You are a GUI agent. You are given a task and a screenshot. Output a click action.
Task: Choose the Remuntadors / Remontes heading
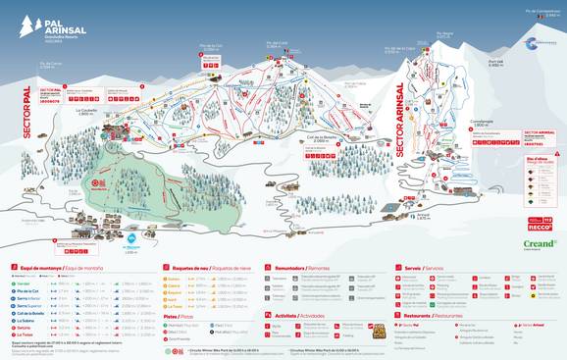pos(304,266)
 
